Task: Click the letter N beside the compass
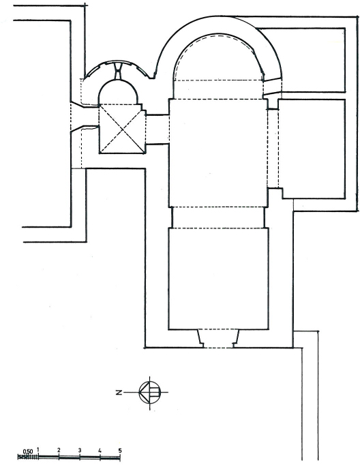click(119, 393)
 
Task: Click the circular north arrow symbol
click(150, 392)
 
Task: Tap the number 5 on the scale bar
click(120, 451)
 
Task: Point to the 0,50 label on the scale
click(28, 451)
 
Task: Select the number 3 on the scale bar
click(80, 451)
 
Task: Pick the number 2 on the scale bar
click(59, 451)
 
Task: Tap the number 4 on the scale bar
click(100, 451)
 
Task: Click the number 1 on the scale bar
click(38, 449)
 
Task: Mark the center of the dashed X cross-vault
click(122, 129)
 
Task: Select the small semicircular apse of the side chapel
click(118, 92)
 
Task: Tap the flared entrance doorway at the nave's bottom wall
click(218, 338)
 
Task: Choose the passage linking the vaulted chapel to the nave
click(157, 129)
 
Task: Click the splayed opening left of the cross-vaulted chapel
click(85, 117)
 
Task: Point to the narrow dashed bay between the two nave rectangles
click(218, 217)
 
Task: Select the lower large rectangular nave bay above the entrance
click(218, 278)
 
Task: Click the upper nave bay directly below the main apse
click(218, 153)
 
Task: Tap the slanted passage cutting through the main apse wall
click(272, 87)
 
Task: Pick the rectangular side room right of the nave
click(312, 149)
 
